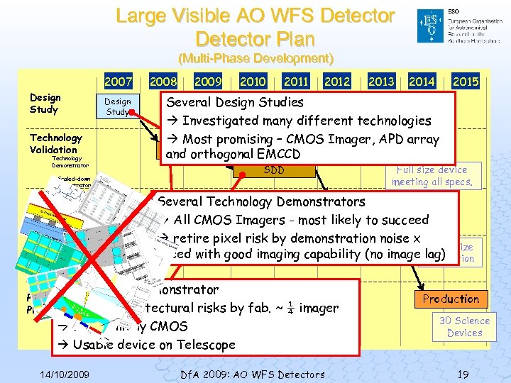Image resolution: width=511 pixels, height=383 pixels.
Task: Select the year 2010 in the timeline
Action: (253, 82)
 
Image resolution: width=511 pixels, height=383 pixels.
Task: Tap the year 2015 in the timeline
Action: (465, 82)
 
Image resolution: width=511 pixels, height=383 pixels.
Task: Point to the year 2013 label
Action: (380, 82)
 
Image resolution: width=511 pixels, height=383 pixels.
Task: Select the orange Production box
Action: (451, 299)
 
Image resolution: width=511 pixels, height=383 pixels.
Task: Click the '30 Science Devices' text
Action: (464, 326)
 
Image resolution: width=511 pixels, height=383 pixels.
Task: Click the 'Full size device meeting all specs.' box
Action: (432, 176)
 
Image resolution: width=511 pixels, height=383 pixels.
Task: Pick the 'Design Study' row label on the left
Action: (45, 104)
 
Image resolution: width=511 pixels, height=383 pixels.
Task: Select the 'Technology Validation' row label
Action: (55, 143)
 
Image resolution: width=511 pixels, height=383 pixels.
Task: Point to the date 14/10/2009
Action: (65, 374)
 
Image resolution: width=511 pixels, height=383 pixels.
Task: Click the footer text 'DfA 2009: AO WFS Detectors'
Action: (253, 374)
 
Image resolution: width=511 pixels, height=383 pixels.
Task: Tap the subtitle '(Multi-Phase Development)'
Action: (255, 57)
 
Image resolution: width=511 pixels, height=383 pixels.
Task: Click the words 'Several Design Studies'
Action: (235, 102)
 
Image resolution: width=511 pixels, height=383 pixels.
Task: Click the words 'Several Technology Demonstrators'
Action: (261, 202)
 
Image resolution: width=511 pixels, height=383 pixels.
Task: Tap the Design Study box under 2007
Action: (118, 106)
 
